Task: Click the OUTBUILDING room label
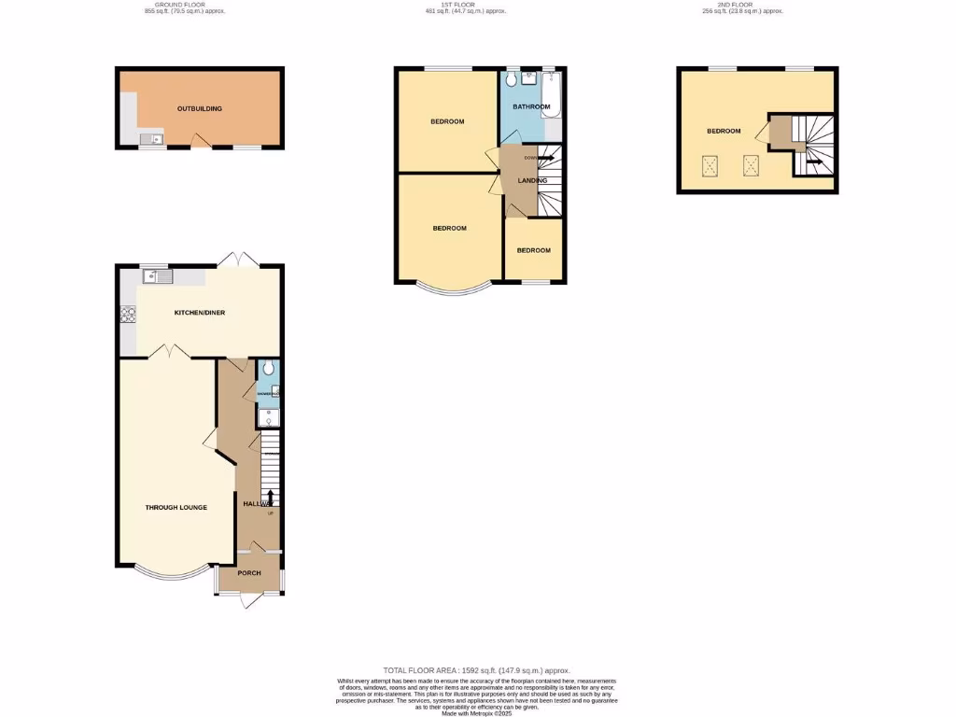(x=200, y=109)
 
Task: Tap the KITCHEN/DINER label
(x=200, y=313)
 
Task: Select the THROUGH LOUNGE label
(x=176, y=508)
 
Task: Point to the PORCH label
(x=249, y=573)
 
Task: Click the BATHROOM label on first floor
(x=531, y=107)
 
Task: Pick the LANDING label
(x=532, y=181)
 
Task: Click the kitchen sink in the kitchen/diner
(x=157, y=275)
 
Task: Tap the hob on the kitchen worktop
(x=127, y=315)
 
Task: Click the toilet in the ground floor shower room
(x=268, y=369)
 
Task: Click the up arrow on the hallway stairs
(x=271, y=496)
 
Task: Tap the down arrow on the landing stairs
(x=546, y=158)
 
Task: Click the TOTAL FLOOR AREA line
(x=477, y=670)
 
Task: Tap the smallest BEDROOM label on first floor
(x=533, y=250)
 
